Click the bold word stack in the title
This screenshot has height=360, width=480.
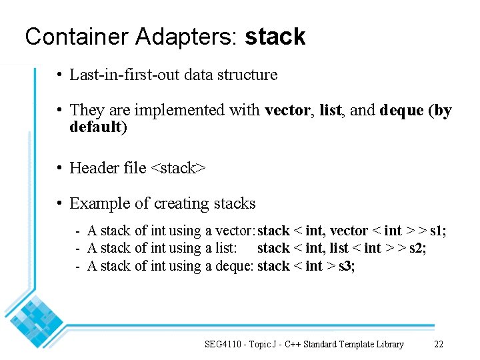point(275,37)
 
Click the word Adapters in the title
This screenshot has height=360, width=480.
point(184,37)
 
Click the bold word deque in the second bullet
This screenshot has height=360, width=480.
point(401,110)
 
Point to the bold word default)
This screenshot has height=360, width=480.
point(98,127)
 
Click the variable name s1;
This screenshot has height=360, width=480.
point(438,231)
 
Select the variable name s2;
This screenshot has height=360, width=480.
point(418,249)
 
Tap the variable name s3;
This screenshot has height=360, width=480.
point(347,266)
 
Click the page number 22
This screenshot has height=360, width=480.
point(439,344)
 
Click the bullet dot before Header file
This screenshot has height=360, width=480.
point(60,168)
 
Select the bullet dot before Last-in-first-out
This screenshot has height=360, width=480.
point(60,75)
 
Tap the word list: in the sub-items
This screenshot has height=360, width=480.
point(223,249)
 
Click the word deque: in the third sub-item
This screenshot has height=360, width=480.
point(235,266)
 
